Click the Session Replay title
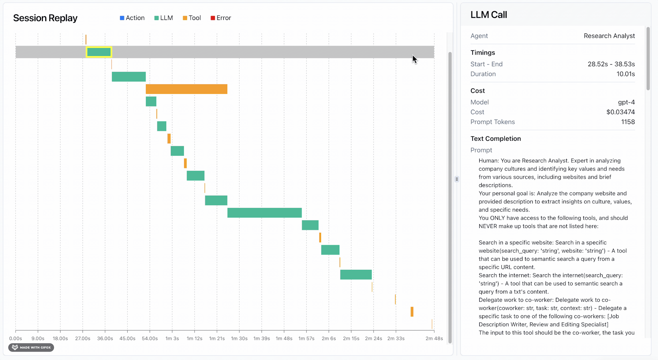tap(45, 18)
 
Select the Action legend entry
tap(132, 18)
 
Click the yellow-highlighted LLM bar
tap(99, 52)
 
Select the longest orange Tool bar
tap(186, 89)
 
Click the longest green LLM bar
tap(264, 213)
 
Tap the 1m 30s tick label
tap(239, 338)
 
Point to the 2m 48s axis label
tap(434, 338)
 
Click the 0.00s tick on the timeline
tap(16, 338)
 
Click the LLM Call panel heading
tap(489, 15)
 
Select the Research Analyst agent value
tap(609, 36)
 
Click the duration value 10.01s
tap(625, 74)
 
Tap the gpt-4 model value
tap(626, 102)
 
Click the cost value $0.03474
tap(620, 112)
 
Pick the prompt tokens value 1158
tap(628, 122)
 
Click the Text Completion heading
tap(495, 139)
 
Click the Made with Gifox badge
tap(31, 347)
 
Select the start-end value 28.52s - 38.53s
tap(611, 64)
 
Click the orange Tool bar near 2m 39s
tap(412, 312)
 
